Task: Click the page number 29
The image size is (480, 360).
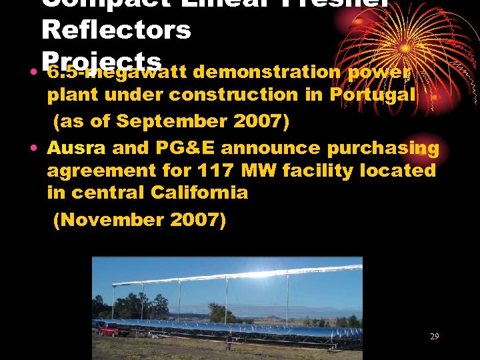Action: pos(434,337)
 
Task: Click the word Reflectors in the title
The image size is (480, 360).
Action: pos(116,29)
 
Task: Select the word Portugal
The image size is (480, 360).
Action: pos(373,95)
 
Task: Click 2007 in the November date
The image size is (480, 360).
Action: pos(198,220)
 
